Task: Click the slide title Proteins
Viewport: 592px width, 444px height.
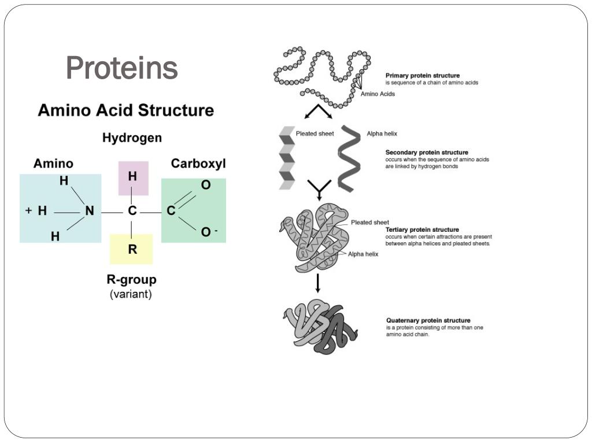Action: click(x=122, y=68)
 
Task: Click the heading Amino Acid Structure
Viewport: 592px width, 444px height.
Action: click(x=125, y=110)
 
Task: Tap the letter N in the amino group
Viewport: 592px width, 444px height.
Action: click(x=90, y=211)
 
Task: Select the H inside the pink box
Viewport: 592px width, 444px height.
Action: click(x=132, y=176)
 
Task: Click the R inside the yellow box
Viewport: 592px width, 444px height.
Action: click(x=132, y=250)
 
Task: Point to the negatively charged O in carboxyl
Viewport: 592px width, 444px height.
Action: click(x=206, y=232)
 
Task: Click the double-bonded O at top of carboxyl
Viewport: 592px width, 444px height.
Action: click(x=206, y=185)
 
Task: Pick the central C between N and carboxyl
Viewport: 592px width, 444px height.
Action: click(x=132, y=211)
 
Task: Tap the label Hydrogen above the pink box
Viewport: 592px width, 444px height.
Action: click(x=132, y=138)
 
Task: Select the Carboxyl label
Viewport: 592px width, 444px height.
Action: click(x=198, y=164)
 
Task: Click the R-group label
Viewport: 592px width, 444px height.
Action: click(x=131, y=280)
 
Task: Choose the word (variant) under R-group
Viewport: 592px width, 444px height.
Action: click(x=131, y=294)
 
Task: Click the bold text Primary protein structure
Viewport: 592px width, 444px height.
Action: click(x=423, y=76)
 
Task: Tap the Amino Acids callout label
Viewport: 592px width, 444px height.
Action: click(x=378, y=94)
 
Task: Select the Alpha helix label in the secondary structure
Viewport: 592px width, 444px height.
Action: click(x=382, y=134)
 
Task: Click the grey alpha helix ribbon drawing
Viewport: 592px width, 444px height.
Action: click(x=349, y=158)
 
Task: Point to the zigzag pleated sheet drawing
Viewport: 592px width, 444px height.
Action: click(x=287, y=158)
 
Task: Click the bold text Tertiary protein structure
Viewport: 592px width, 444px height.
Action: click(x=422, y=230)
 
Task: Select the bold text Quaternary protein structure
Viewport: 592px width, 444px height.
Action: click(x=428, y=320)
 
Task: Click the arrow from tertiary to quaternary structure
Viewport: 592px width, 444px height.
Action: click(x=317, y=282)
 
